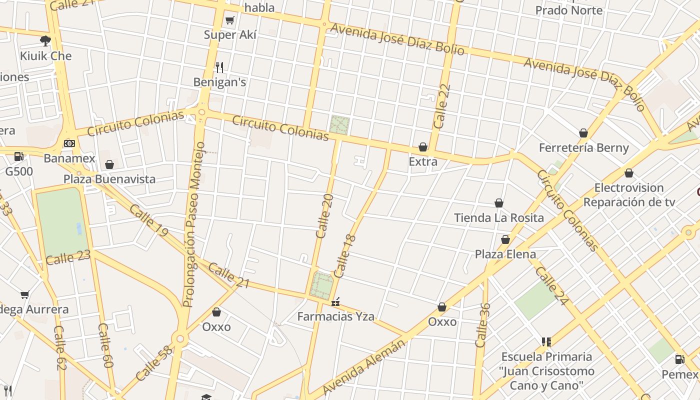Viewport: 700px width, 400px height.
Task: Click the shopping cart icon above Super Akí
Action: pos(229,20)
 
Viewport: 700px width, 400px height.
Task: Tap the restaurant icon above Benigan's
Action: pos(219,67)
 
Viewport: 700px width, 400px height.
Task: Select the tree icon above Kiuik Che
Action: pos(45,40)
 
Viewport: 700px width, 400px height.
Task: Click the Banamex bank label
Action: pos(69,158)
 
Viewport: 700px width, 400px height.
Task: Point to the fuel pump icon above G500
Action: pos(19,156)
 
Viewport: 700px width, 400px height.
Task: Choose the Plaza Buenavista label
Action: pos(109,179)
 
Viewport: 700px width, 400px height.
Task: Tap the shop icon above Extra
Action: pos(423,147)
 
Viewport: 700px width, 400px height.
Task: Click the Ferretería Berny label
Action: pos(583,148)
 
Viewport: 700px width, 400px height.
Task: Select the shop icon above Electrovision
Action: pos(628,173)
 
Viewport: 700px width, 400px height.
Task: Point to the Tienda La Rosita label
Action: pos(498,218)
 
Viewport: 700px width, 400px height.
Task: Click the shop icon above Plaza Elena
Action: pos(505,239)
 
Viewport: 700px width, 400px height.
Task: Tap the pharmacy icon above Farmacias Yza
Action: pos(335,301)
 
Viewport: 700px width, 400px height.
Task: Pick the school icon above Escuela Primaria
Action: pos(546,342)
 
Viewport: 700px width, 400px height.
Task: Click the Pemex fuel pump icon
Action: pos(679,359)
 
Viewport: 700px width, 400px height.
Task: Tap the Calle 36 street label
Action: pos(482,325)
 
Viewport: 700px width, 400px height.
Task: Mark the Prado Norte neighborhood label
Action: pos(568,10)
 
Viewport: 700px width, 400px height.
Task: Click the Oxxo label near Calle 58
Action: pos(216,327)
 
